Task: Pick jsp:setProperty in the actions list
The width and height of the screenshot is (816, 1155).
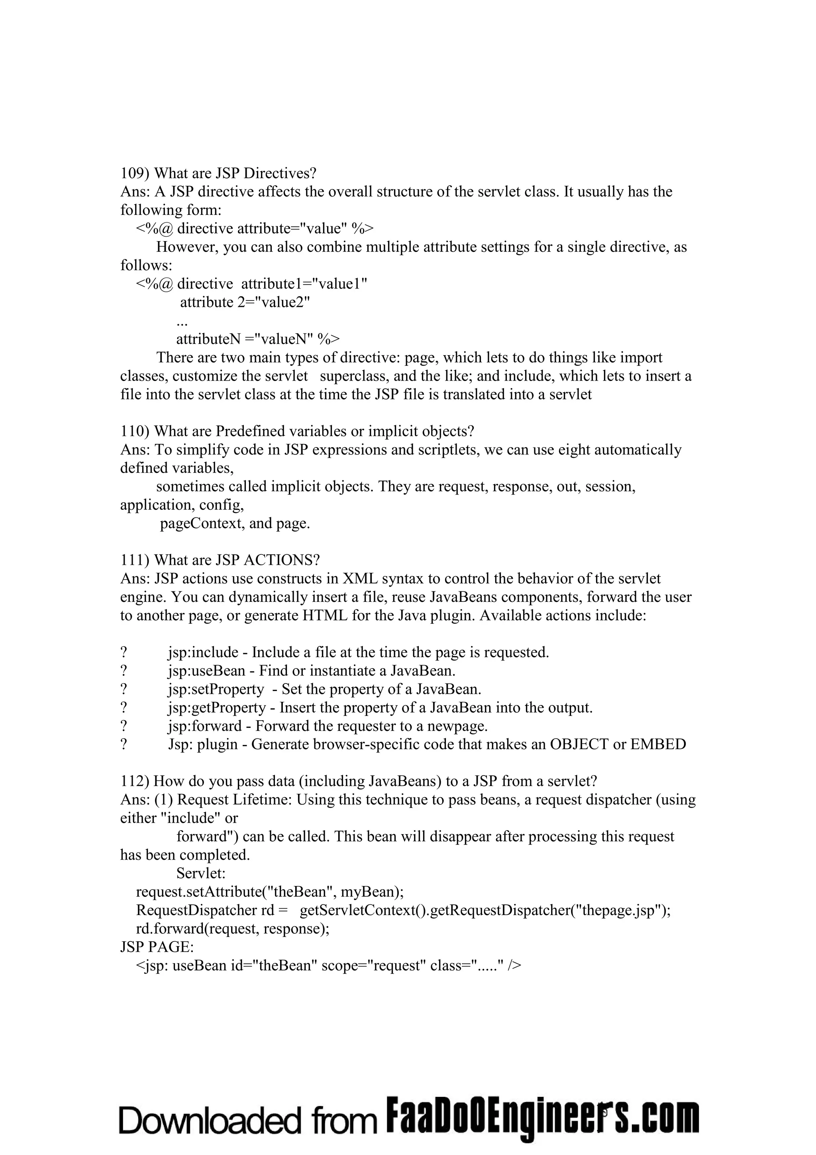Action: [216, 689]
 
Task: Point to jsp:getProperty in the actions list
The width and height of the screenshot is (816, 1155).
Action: [217, 708]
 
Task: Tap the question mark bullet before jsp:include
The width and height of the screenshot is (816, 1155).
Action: [124, 652]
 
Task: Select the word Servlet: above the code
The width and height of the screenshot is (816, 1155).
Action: [201, 874]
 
